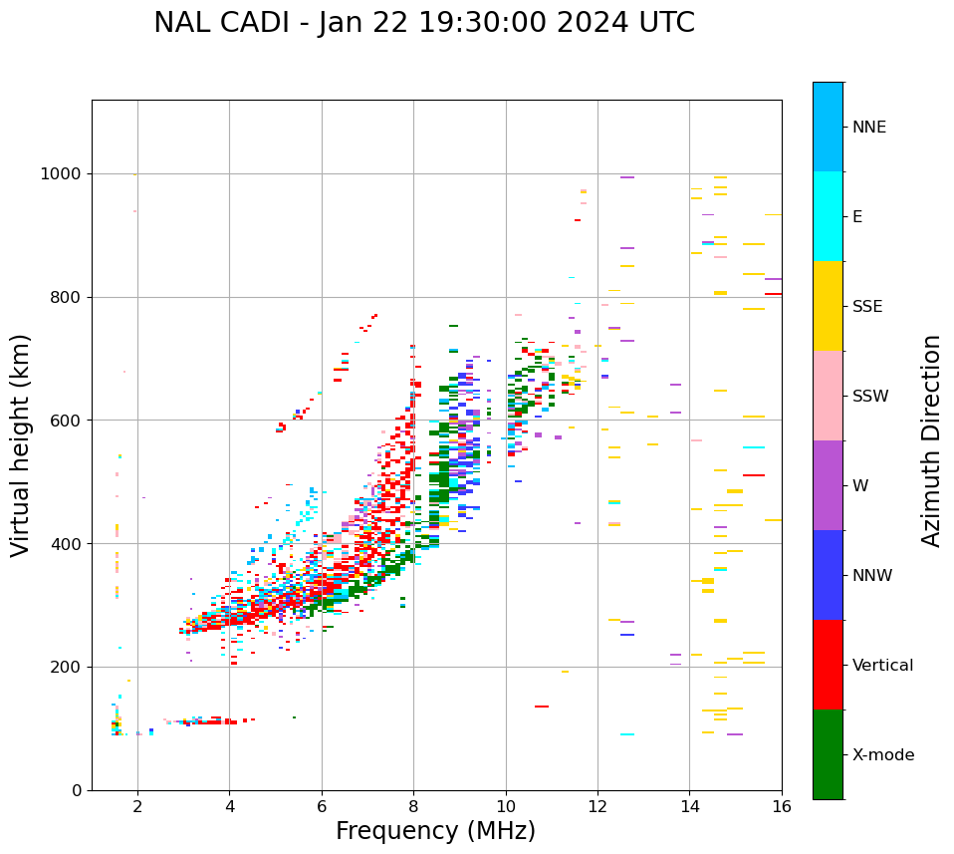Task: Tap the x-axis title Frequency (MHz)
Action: (x=435, y=831)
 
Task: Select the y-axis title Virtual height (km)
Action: (x=21, y=444)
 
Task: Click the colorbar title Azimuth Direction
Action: (x=931, y=440)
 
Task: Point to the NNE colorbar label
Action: (x=868, y=128)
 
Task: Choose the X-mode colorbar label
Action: (x=882, y=755)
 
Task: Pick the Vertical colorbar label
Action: (x=882, y=666)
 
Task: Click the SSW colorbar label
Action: (x=870, y=397)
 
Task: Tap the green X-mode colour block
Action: (x=828, y=754)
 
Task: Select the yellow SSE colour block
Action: (x=828, y=306)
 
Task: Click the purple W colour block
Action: (x=828, y=485)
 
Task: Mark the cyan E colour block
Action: (x=828, y=216)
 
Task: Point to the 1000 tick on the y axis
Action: (x=61, y=174)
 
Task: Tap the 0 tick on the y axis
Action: (x=76, y=790)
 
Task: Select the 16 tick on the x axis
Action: (x=782, y=807)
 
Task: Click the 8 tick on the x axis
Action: (x=413, y=807)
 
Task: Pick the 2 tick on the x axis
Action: (x=137, y=807)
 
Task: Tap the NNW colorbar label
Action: (x=872, y=576)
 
